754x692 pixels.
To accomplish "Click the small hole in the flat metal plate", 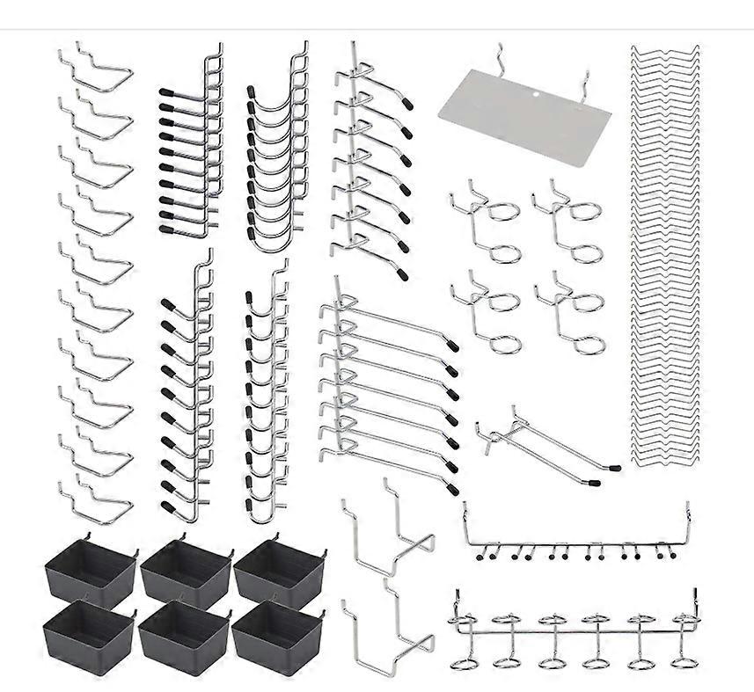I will [533, 93].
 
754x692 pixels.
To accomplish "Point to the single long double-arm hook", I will [545, 448].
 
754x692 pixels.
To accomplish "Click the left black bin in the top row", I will [91, 572].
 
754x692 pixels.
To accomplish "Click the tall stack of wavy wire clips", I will [665, 255].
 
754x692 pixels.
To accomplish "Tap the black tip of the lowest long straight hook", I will [453, 487].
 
